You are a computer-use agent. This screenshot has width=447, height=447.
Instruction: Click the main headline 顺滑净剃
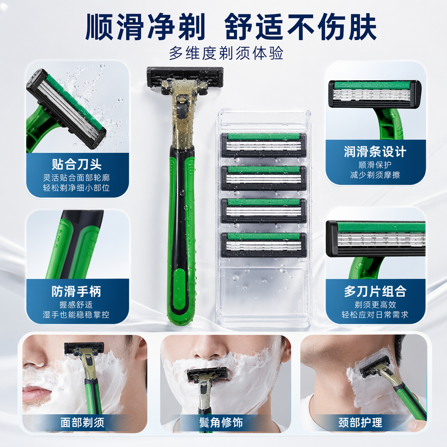point(145,27)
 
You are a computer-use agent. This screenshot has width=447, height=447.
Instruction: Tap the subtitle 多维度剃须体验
point(227,53)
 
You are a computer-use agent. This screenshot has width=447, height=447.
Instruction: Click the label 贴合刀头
point(77,164)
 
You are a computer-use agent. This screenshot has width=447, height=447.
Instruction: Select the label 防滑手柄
point(76,291)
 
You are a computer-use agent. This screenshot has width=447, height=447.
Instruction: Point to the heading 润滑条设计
point(375,151)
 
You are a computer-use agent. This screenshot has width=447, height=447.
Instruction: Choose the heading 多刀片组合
point(375,291)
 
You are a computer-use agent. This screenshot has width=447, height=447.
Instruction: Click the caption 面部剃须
point(83,423)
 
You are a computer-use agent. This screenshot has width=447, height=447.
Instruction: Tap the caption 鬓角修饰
point(221,423)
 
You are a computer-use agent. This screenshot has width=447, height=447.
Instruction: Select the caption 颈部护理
point(360,423)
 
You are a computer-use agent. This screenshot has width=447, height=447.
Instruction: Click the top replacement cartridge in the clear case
point(264,145)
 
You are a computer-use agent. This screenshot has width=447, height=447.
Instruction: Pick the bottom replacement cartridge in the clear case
point(264,245)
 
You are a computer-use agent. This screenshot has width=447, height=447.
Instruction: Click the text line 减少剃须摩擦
point(375,175)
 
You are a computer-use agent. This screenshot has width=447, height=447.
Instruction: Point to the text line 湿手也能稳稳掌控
point(76,314)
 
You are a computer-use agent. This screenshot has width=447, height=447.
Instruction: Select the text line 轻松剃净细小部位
point(76,188)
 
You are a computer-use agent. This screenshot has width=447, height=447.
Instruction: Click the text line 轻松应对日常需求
point(375,314)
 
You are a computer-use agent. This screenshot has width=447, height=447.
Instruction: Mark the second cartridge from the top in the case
point(264,178)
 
